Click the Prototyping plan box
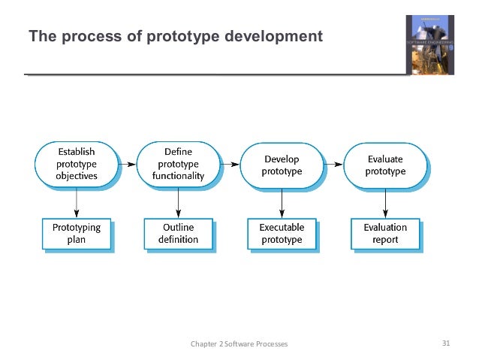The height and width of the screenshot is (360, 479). (x=76, y=233)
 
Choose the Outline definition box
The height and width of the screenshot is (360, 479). (x=179, y=233)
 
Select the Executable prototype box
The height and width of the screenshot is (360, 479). (x=282, y=233)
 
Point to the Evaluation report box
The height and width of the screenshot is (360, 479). (x=385, y=233)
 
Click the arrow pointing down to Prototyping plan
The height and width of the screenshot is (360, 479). (x=76, y=201)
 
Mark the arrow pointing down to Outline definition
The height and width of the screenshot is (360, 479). (x=179, y=201)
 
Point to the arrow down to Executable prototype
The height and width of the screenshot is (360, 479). (x=282, y=201)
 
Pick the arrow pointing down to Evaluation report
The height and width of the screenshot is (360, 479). (x=385, y=201)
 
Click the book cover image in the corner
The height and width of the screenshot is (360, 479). (x=430, y=45)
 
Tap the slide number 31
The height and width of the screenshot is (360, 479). (x=446, y=343)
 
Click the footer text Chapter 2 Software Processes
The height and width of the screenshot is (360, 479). (x=239, y=344)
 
